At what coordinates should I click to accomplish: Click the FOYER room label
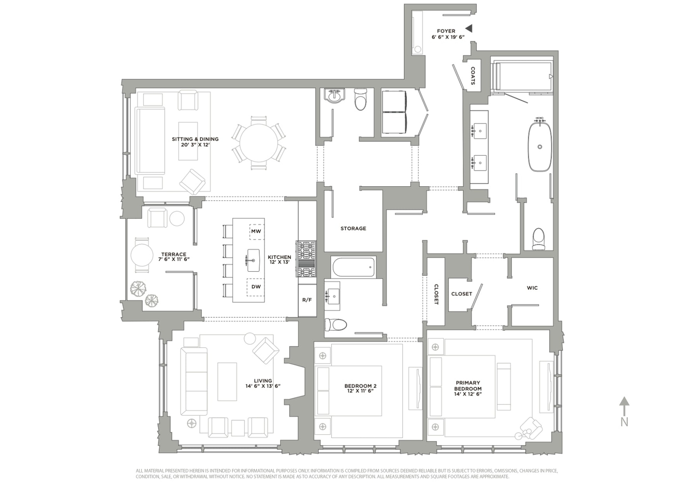click(446, 31)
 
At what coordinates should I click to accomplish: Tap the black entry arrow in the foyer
click(469, 28)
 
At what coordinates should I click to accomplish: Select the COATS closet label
click(473, 76)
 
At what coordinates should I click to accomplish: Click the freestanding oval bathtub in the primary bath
click(539, 146)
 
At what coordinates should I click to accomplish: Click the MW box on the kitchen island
click(256, 231)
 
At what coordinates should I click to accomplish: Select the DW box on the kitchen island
click(256, 287)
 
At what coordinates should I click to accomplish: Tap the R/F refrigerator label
click(307, 300)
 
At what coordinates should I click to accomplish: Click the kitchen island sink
click(253, 260)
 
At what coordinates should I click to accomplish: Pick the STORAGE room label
click(353, 229)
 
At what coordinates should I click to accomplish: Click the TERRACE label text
click(173, 254)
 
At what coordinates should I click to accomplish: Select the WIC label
click(532, 288)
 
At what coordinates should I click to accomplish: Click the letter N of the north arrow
click(624, 422)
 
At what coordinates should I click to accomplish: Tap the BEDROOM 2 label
click(360, 386)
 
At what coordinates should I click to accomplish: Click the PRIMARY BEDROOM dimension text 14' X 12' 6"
click(468, 394)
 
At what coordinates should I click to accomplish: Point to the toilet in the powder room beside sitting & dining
click(361, 100)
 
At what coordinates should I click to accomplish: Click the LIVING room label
click(263, 381)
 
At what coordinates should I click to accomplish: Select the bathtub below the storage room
click(353, 267)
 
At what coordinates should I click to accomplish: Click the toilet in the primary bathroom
click(538, 238)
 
